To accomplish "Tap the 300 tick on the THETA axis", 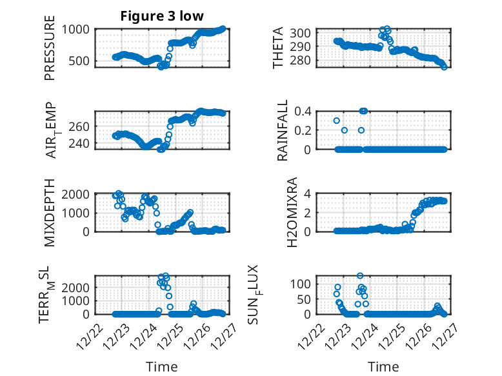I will tap(305, 33).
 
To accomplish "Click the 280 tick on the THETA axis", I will tap(305, 60).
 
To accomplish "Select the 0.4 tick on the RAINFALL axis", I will tap(305, 111).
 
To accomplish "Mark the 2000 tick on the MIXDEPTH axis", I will tap(78, 193).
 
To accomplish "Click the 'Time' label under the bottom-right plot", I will tap(383, 366).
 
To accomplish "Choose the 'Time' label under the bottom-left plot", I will tap(161, 366).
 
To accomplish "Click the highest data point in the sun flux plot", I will tap(360, 276).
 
